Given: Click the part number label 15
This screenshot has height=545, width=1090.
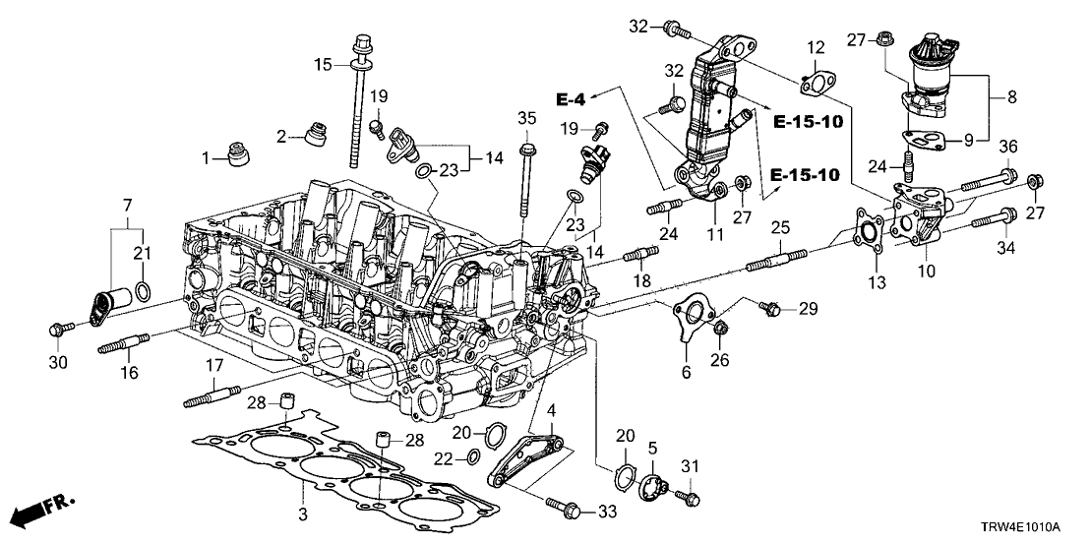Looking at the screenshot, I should (324, 65).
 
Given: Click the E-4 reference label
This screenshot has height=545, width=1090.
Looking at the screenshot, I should (571, 99).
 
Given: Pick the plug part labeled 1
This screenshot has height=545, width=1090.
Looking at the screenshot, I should (240, 156).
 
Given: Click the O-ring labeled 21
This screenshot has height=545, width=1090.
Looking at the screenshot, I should (144, 291).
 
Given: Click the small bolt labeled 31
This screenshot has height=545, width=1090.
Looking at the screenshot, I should (689, 498).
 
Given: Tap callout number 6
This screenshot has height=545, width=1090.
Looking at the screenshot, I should (686, 372).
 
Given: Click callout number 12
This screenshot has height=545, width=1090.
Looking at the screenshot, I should (816, 47).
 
